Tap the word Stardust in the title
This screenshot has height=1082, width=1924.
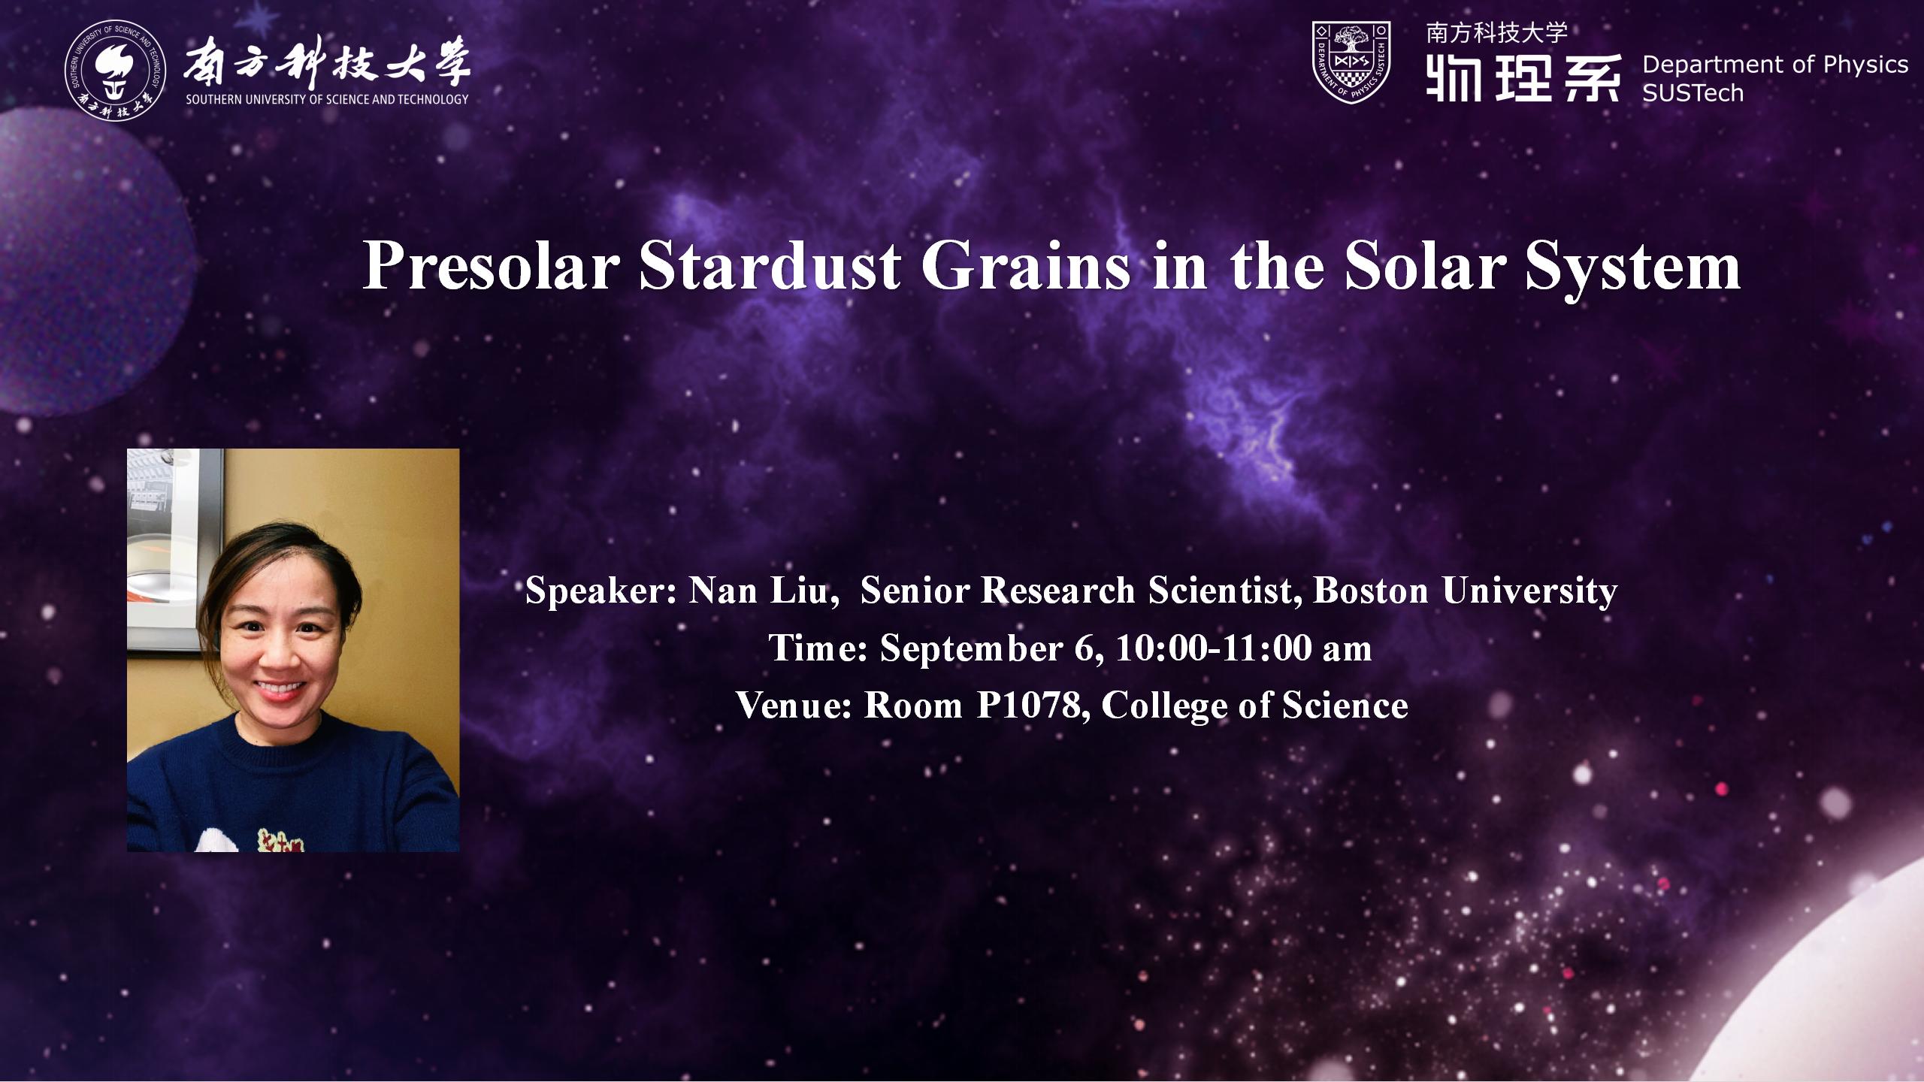tap(770, 266)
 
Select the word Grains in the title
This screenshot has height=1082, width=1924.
tap(1026, 266)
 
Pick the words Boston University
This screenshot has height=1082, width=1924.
tap(1465, 591)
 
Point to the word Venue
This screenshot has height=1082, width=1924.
tap(794, 706)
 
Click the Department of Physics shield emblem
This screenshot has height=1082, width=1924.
tap(1351, 62)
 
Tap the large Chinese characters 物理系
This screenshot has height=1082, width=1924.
tap(1523, 77)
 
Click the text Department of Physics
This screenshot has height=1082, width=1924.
tap(1775, 65)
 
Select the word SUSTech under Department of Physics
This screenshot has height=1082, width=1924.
tap(1693, 93)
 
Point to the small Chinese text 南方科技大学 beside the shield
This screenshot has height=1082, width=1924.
tap(1497, 33)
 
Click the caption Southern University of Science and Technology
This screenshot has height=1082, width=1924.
tap(327, 99)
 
